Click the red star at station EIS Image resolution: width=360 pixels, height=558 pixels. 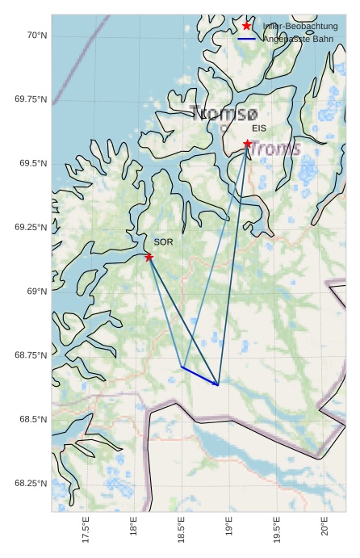(248, 144)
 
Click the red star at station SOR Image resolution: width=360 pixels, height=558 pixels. (149, 257)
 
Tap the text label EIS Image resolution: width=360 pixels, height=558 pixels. (258, 128)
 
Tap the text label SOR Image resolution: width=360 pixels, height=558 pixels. (163, 242)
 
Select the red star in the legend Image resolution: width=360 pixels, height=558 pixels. (247, 26)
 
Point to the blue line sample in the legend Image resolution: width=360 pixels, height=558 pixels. (247, 39)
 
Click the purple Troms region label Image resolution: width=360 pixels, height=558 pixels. (274, 149)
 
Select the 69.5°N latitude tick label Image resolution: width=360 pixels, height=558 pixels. (31, 163)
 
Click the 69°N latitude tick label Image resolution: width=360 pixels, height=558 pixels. (36, 292)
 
